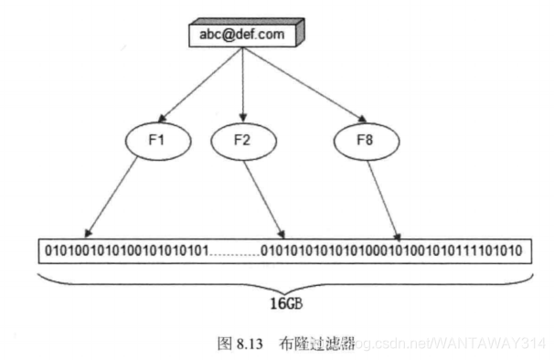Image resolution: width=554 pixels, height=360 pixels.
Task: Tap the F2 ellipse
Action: coord(242,142)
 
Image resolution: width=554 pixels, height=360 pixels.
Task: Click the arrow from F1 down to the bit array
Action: coord(121,196)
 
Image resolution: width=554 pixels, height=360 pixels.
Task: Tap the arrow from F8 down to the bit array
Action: coord(383,196)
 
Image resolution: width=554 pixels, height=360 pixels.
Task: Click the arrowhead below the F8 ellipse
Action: coord(397,233)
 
